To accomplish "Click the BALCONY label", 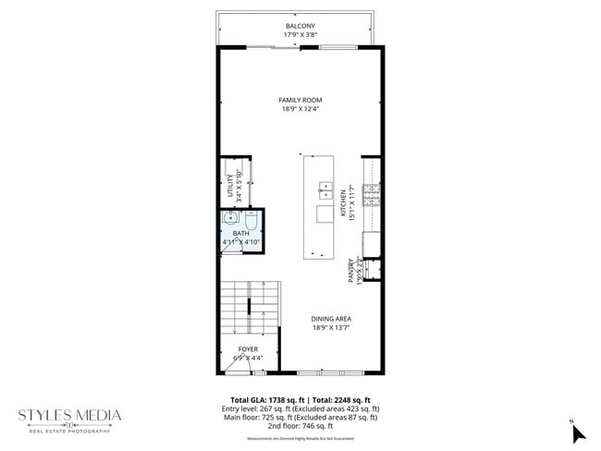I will point(300,25).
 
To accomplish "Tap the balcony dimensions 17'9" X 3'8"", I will point(300,35).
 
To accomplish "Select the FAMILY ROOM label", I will point(300,100).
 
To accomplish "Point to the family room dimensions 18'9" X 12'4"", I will point(300,109).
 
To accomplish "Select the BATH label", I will point(240,234).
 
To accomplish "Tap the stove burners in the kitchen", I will point(371,194).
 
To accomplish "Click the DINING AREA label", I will point(330,318).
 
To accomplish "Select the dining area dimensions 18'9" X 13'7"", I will point(330,327).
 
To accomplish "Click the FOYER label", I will point(248,349).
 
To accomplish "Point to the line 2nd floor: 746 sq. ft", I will point(300,426).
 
